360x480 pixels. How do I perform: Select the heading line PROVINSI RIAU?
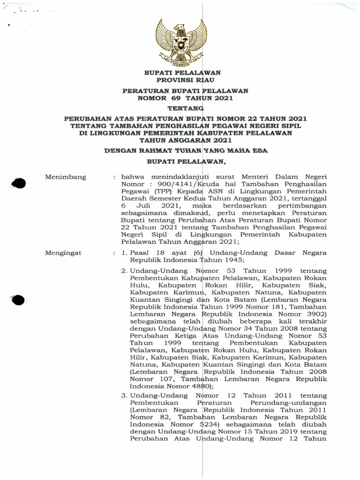tap(182, 80)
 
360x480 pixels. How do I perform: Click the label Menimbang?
tap(66, 177)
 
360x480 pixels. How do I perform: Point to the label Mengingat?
tap(63, 253)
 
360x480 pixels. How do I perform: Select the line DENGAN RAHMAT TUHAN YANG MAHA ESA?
tap(182, 151)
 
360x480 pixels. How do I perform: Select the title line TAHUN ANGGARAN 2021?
tap(182, 139)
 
